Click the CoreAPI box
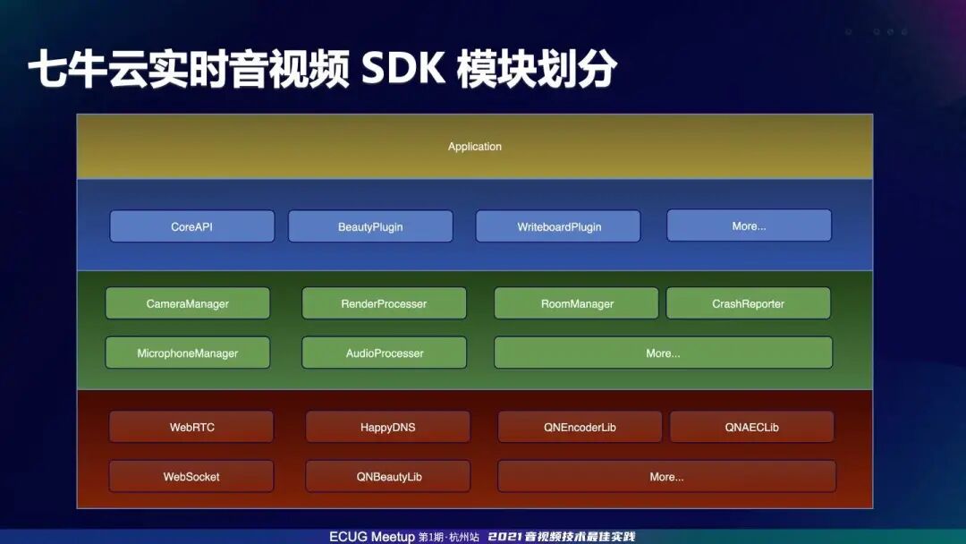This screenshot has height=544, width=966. click(x=191, y=226)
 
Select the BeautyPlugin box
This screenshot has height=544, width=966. click(x=370, y=226)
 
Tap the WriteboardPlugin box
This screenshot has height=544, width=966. click(x=558, y=226)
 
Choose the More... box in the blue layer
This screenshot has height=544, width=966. click(x=749, y=225)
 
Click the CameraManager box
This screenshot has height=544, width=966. click(x=187, y=303)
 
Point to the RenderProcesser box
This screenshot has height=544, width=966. click(x=384, y=303)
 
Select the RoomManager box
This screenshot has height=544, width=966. click(x=577, y=303)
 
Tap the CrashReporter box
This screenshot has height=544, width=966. click(x=748, y=303)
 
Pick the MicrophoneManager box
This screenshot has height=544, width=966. click(x=187, y=353)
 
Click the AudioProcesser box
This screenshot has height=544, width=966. click(x=384, y=353)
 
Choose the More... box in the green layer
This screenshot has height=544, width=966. click(x=663, y=353)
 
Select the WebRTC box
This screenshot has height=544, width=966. click(x=191, y=427)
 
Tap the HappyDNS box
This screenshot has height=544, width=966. click(x=387, y=427)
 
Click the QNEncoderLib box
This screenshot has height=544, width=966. click(x=580, y=427)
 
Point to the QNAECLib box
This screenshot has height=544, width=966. click(x=751, y=427)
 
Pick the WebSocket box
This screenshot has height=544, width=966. click(x=191, y=476)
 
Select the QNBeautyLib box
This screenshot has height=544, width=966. click(x=388, y=476)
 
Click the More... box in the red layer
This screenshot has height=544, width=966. click(x=666, y=476)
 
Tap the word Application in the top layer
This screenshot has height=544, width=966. click(x=475, y=146)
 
